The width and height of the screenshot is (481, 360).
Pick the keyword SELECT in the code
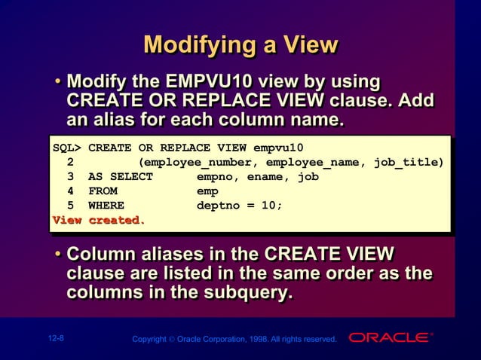131,176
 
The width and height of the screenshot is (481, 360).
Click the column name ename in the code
262,176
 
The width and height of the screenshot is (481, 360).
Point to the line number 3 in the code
70,176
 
